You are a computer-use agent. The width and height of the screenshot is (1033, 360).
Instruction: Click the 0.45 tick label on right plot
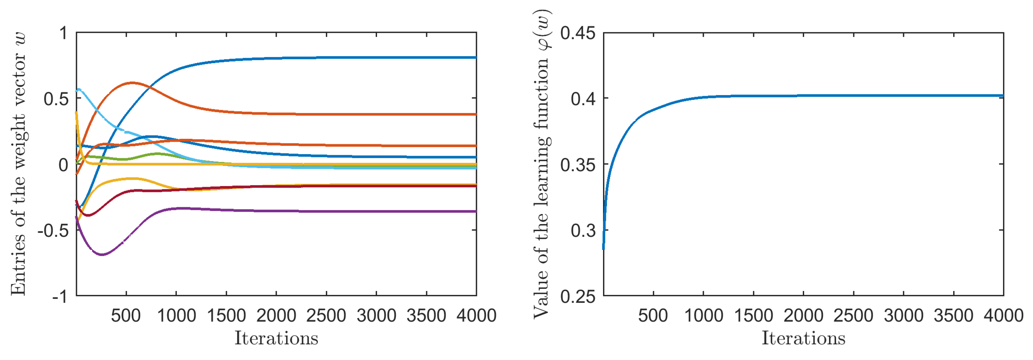point(577,33)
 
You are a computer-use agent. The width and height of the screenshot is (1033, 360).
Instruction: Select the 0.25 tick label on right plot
point(577,297)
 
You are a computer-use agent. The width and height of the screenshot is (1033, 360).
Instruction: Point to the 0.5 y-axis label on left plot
point(56,99)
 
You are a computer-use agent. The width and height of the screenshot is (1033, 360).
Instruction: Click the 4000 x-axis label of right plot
point(1003,316)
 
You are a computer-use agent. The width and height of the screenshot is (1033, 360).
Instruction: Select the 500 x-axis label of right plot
point(653,316)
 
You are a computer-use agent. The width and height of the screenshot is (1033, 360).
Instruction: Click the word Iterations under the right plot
point(803,338)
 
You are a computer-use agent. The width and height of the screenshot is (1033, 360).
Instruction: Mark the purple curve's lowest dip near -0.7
point(102,254)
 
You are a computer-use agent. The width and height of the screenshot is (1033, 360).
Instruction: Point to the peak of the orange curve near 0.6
point(132,83)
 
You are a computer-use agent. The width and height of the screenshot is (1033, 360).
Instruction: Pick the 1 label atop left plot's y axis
point(63,33)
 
